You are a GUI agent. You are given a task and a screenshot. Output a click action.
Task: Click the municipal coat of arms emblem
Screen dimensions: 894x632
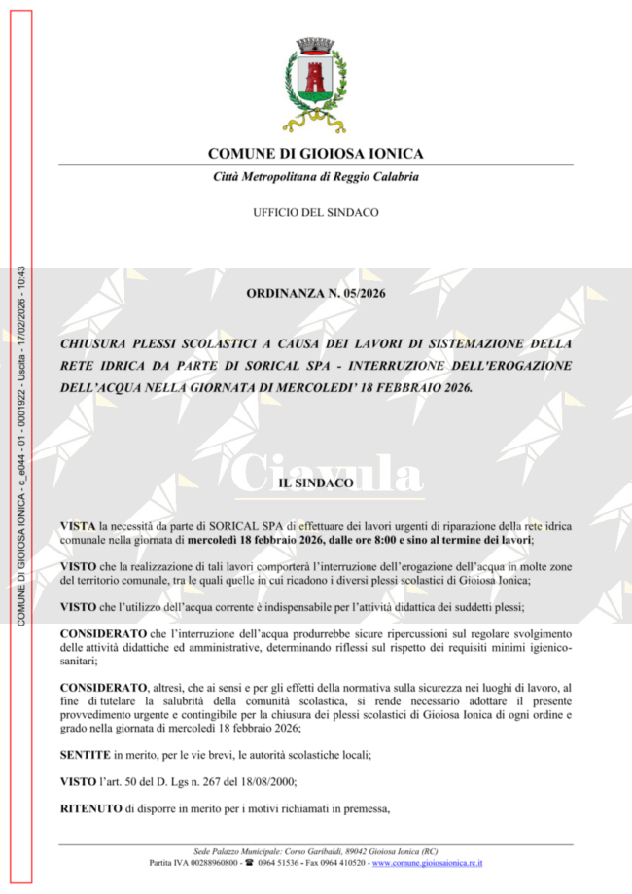[315, 86]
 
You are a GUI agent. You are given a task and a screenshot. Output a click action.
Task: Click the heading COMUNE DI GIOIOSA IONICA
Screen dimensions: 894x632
[315, 154]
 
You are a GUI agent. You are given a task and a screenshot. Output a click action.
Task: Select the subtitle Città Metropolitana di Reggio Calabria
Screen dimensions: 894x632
[315, 177]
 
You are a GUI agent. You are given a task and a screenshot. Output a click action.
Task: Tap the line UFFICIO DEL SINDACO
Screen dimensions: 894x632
[315, 212]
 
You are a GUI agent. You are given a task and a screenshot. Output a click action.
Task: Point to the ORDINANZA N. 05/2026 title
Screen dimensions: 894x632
[315, 293]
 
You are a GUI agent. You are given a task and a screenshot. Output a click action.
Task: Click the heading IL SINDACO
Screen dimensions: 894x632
[315, 483]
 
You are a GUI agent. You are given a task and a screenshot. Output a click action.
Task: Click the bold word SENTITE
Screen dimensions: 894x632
[85, 755]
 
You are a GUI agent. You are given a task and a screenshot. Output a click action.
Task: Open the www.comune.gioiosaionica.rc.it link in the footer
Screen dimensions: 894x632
[427, 863]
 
